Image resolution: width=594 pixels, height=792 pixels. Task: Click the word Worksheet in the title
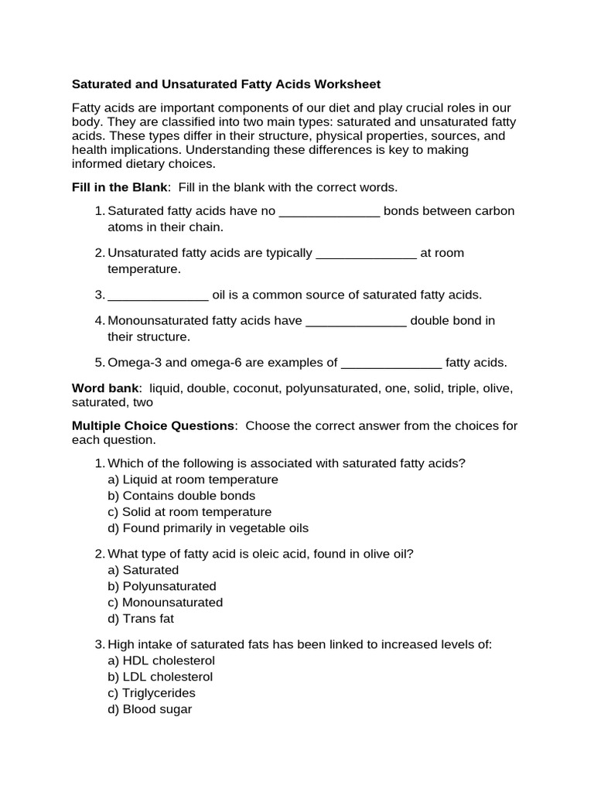coord(346,84)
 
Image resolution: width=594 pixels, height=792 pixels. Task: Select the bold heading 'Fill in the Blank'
coord(120,187)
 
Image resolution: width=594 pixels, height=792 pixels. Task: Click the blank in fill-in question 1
coord(329,212)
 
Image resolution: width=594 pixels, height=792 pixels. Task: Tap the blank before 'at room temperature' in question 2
coord(367,254)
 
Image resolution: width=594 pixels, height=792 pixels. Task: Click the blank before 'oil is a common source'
coord(158,295)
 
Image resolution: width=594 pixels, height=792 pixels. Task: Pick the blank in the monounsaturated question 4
coord(356,321)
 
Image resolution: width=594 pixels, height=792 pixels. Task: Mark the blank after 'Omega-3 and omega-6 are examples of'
coord(391,363)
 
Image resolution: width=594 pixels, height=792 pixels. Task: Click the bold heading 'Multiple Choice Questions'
coord(152,426)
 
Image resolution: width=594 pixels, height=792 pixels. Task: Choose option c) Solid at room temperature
coord(189,512)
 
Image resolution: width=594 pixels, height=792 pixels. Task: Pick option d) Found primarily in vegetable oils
coord(208,528)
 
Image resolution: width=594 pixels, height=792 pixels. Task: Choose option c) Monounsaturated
coord(165,603)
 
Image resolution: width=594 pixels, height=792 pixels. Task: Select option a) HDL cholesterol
coord(161,661)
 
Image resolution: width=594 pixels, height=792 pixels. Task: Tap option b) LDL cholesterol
coord(160,677)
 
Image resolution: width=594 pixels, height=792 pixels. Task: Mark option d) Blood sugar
coord(149,709)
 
